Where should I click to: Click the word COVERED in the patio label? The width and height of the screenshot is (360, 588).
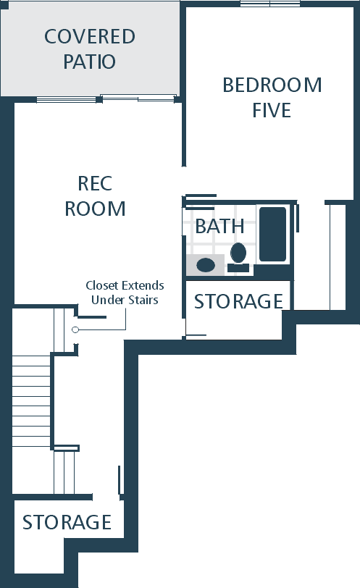tap(90, 36)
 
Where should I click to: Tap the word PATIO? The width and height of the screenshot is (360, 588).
tap(89, 62)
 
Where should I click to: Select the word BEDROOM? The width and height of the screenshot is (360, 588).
tap(272, 85)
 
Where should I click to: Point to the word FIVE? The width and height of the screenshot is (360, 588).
tap(272, 110)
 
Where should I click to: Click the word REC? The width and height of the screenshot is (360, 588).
tap(95, 183)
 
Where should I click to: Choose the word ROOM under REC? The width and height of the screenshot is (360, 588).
tap(95, 209)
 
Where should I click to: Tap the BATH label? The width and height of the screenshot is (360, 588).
tap(219, 226)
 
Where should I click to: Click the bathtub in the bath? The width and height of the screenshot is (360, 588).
tap(272, 234)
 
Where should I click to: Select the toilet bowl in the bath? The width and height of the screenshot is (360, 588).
tap(238, 253)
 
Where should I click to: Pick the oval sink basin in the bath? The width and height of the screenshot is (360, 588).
tap(206, 265)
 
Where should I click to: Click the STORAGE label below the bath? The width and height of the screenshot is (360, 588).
tap(238, 301)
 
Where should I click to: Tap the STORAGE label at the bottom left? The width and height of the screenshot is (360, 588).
tap(67, 522)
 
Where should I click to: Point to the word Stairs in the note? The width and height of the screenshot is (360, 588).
tap(144, 300)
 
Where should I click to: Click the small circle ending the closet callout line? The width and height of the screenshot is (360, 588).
tap(75, 329)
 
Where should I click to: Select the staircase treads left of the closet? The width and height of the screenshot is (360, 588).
tap(31, 401)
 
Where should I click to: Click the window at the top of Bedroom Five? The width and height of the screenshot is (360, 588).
tap(270, 4)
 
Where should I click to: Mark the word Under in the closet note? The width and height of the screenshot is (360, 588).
tap(109, 300)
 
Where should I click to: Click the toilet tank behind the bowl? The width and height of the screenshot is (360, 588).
tap(238, 268)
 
